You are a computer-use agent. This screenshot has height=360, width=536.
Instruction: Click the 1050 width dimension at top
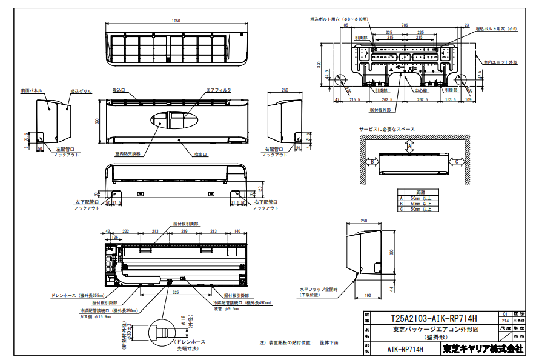point(176,21)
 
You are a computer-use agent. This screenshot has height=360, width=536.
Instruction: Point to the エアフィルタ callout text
point(219,90)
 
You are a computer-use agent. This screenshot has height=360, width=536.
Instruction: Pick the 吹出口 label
point(201,154)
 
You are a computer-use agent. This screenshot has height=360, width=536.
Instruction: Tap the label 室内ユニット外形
point(500,62)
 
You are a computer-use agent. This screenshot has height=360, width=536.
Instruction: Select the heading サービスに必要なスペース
point(388,129)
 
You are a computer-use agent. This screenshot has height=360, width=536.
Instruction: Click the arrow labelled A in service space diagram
point(410,146)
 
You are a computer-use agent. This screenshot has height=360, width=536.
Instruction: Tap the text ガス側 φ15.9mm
point(95,316)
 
